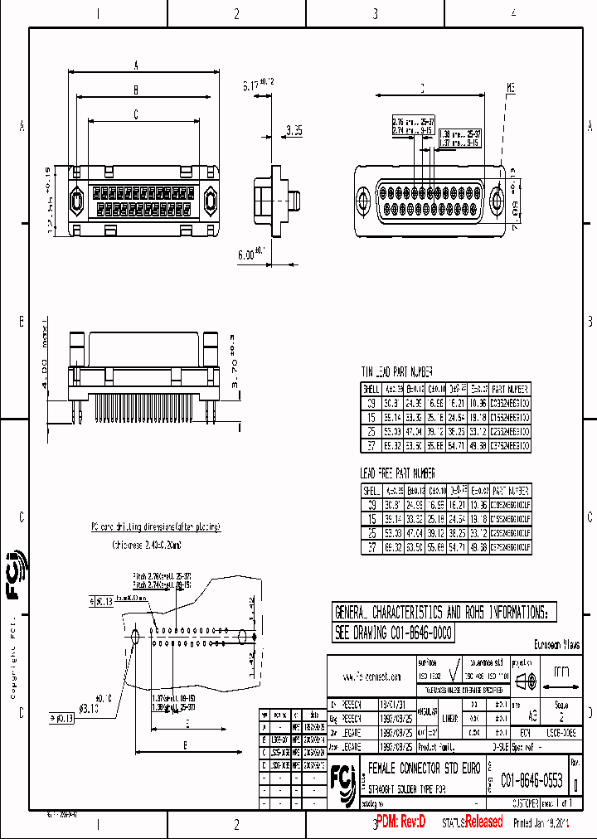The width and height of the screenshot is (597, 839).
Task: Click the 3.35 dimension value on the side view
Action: (294, 130)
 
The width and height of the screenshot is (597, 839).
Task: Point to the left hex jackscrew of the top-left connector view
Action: (76, 201)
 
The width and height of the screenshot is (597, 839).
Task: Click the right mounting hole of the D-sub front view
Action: (498, 200)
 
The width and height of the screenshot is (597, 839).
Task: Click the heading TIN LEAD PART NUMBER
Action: (396, 372)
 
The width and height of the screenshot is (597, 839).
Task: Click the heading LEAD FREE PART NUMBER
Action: (398, 473)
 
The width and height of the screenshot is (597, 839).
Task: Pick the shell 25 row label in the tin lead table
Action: (371, 431)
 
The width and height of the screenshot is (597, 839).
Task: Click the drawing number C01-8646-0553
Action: (532, 781)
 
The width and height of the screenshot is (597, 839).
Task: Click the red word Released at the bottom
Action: (483, 822)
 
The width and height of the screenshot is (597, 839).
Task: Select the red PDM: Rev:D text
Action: (399, 822)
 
